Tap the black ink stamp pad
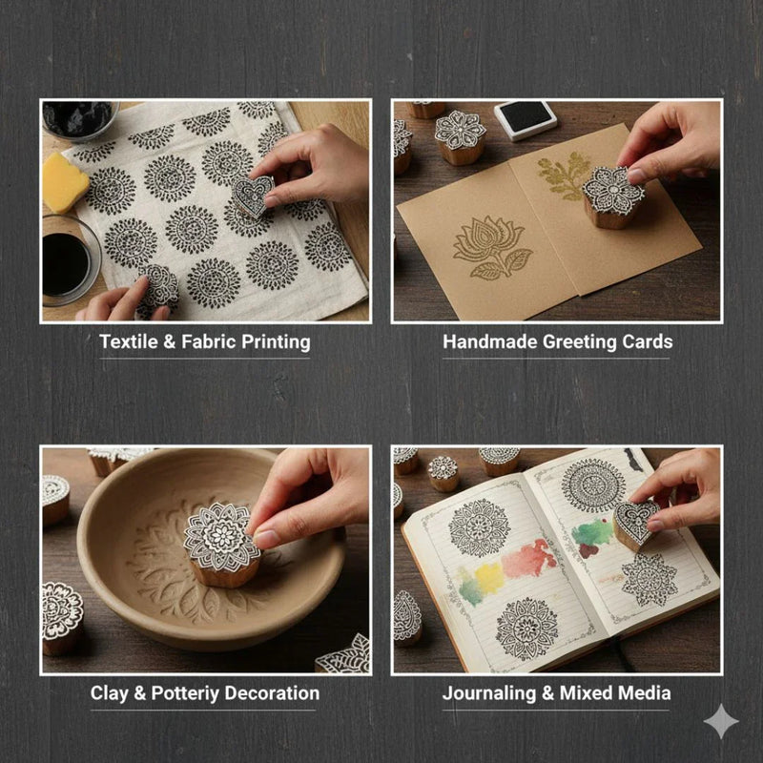click(526, 119)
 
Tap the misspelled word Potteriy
click(187, 693)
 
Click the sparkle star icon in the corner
click(721, 722)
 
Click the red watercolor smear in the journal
click(530, 558)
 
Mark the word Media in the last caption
click(646, 693)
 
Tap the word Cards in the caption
click(647, 341)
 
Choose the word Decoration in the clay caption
click(276, 693)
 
